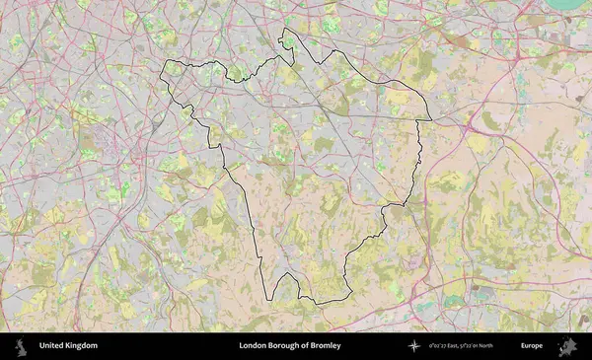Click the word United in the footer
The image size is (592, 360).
(x=51, y=346)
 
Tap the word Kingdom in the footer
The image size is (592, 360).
(x=81, y=346)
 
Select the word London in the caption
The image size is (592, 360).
(x=253, y=346)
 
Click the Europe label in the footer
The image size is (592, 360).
(x=532, y=346)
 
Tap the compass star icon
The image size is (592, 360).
(x=414, y=346)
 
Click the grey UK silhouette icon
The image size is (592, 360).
(x=20, y=346)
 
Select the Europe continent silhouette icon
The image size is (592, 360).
(x=566, y=346)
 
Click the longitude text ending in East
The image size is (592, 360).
(x=447, y=346)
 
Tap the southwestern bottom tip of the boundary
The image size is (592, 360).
(x=273, y=299)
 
